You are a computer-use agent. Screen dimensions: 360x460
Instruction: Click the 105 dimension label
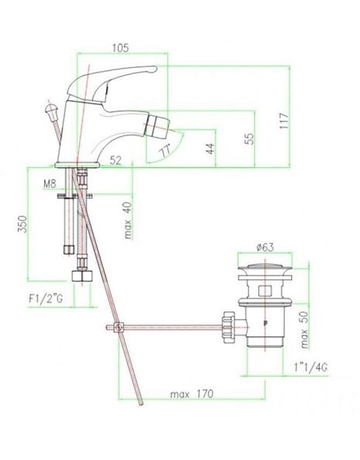(x=121, y=48)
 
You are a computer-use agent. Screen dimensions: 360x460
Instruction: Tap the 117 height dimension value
(x=284, y=121)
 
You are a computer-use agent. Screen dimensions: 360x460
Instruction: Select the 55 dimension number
(x=249, y=138)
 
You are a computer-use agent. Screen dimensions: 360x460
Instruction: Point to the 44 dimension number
(x=210, y=148)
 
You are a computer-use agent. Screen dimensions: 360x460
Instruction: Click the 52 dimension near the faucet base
(x=116, y=160)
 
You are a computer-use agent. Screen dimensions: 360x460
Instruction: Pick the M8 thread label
(x=49, y=184)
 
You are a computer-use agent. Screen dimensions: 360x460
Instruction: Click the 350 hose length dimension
(x=22, y=224)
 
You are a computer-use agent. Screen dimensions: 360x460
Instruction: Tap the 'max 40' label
(x=127, y=220)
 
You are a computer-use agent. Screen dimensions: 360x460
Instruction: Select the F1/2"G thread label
(x=46, y=299)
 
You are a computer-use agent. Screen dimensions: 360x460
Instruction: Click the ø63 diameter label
(x=265, y=247)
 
